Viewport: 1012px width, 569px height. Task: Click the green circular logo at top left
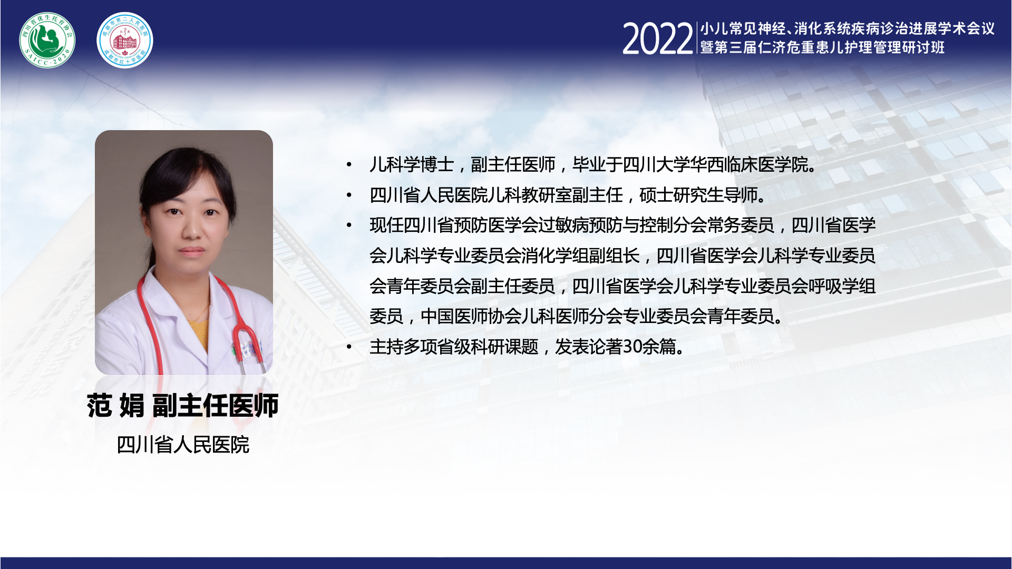pos(47,40)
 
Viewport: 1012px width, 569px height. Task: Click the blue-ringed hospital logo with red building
pos(125,40)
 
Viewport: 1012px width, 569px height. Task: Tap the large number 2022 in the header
pos(658,39)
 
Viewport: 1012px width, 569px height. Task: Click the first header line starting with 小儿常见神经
pos(847,28)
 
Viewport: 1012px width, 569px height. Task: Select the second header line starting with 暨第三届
pos(822,47)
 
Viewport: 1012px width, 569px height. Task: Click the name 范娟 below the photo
pos(115,406)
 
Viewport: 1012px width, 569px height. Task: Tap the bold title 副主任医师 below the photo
pos(215,406)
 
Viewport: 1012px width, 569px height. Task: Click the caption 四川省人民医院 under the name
pos(183,445)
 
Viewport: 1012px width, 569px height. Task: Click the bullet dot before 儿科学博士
pos(349,165)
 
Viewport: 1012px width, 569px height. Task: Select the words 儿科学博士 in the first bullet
pos(412,165)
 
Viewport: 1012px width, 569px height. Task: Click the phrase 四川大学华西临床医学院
pos(715,165)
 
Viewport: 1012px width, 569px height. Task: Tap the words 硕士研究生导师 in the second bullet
pos(698,195)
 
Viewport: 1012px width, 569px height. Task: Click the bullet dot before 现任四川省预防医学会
pos(349,226)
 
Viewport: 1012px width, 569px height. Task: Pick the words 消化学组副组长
pos(580,256)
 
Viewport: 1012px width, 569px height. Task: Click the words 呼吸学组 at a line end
pos(842,286)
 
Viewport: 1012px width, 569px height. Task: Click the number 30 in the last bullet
pos(632,347)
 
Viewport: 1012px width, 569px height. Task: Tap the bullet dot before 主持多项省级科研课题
pos(349,347)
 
